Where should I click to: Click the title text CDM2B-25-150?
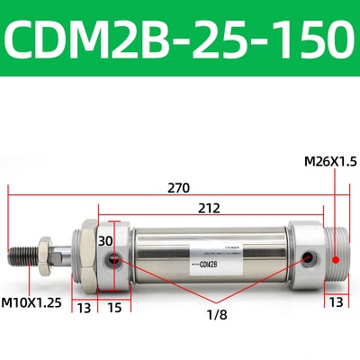180,37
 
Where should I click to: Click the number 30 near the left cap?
106,240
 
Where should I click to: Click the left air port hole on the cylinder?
114,261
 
